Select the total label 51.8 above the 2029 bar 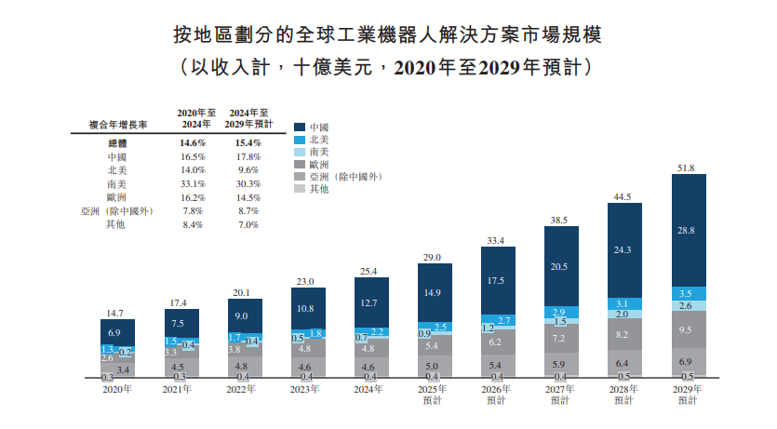click(688, 168)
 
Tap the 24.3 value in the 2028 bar click(624, 249)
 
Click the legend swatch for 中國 click(300, 127)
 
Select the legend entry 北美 click(319, 140)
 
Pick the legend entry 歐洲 click(319, 164)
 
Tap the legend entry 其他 click(319, 188)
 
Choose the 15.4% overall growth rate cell click(246, 143)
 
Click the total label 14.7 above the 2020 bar click(117, 314)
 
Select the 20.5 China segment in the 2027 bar click(560, 266)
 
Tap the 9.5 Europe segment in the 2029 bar click(688, 328)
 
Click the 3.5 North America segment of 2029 click(688, 293)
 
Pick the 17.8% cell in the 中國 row click(246, 157)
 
